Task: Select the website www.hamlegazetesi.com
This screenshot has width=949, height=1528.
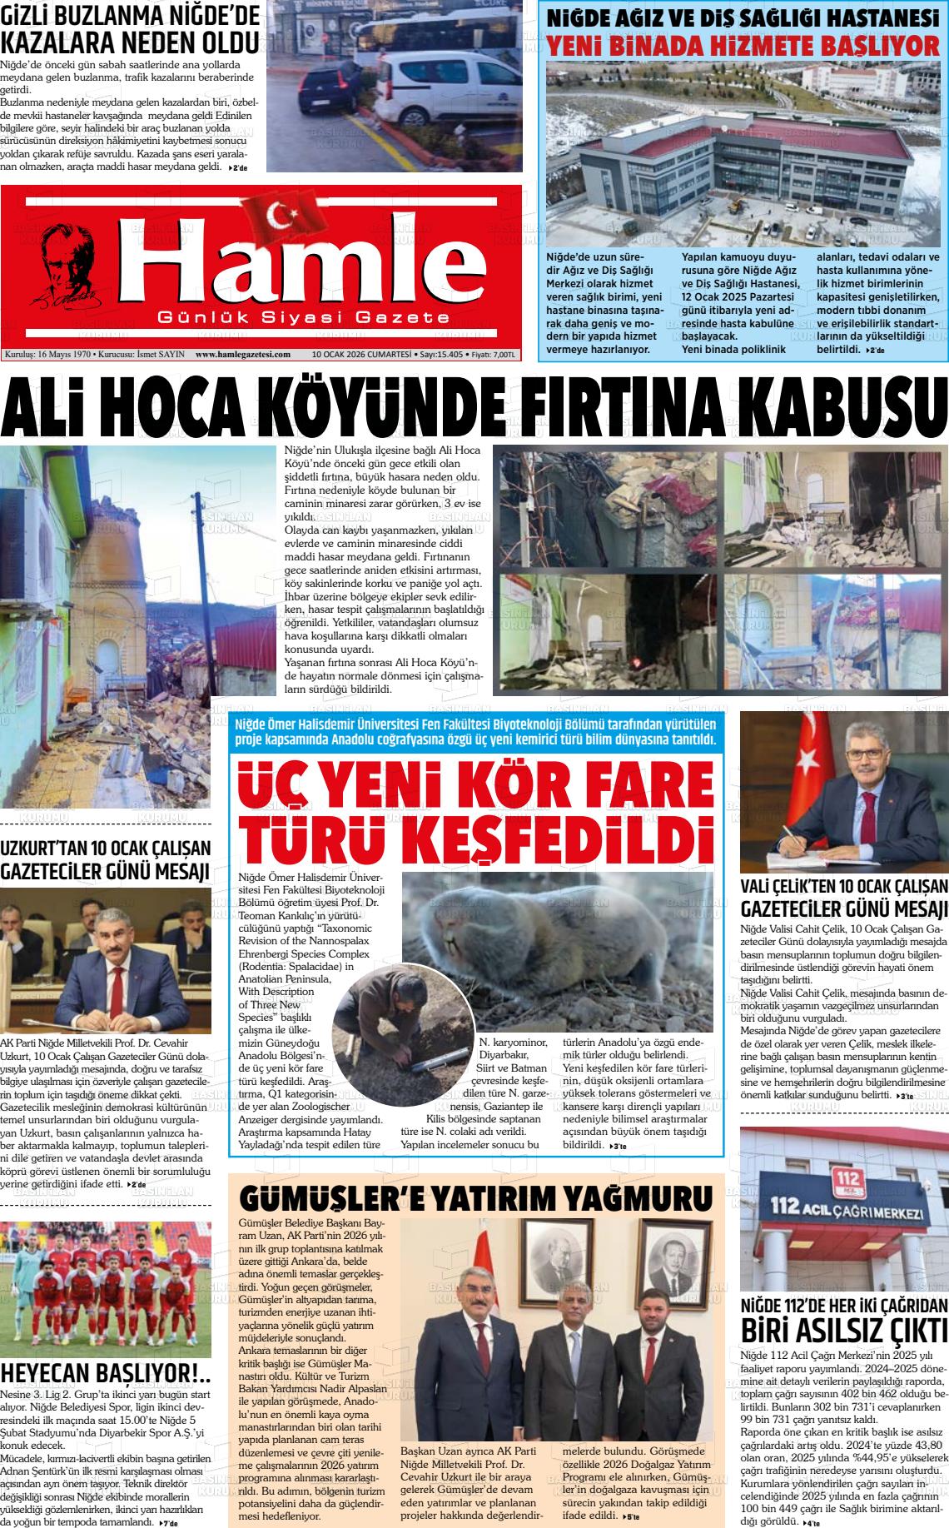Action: click(x=242, y=354)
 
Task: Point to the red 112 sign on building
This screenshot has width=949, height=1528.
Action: click(x=849, y=1178)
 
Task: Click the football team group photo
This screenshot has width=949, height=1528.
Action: click(x=105, y=1287)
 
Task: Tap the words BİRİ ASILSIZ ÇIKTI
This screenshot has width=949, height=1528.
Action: click(x=844, y=1329)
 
